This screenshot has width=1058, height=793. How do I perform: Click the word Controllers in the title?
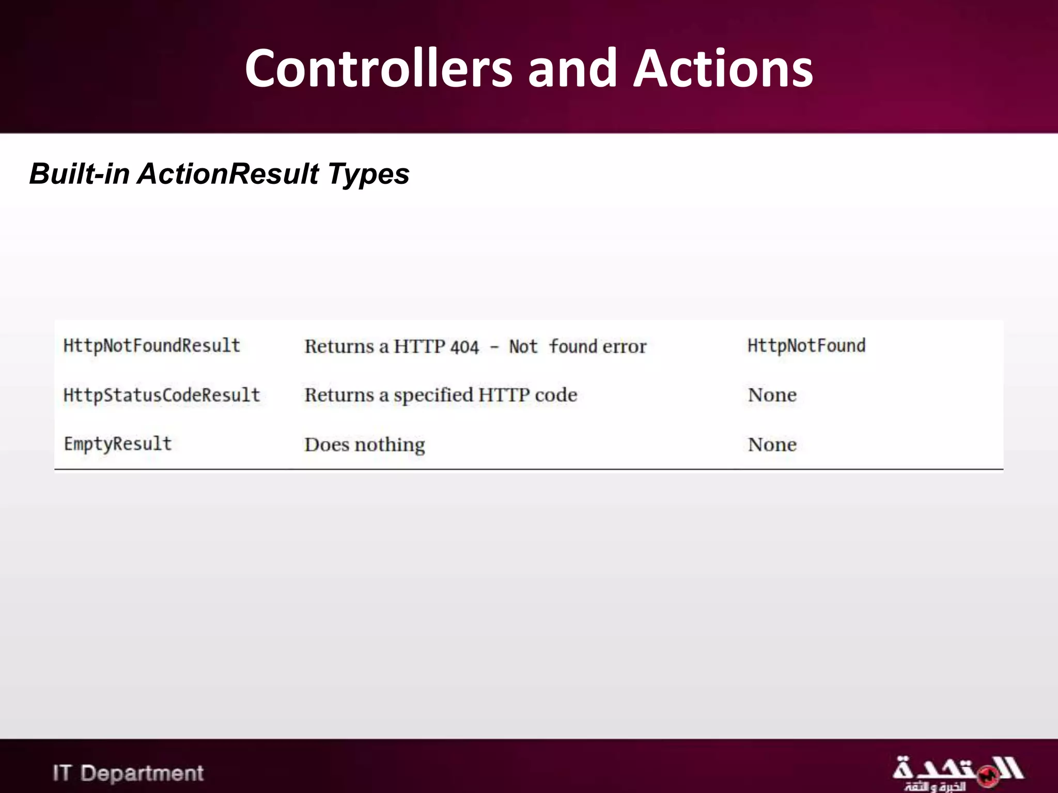click(379, 69)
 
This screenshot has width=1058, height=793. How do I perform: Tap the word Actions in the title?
click(723, 69)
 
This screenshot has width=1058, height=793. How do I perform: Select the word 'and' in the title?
click(572, 69)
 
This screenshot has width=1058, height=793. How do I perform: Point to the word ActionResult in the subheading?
click(228, 173)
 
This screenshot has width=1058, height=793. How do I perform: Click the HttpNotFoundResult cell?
click(152, 346)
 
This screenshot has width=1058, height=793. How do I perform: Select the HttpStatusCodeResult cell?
click(162, 395)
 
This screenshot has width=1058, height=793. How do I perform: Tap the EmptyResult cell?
click(118, 444)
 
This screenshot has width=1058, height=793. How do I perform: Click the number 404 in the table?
click(464, 347)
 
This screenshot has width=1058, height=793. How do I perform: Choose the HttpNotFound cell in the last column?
click(806, 346)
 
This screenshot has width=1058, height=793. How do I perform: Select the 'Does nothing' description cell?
click(365, 445)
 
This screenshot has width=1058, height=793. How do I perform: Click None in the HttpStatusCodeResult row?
click(772, 395)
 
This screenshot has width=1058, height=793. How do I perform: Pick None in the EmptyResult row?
click(772, 445)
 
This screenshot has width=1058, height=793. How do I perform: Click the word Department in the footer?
click(142, 773)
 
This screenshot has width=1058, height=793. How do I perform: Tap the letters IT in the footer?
click(61, 773)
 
